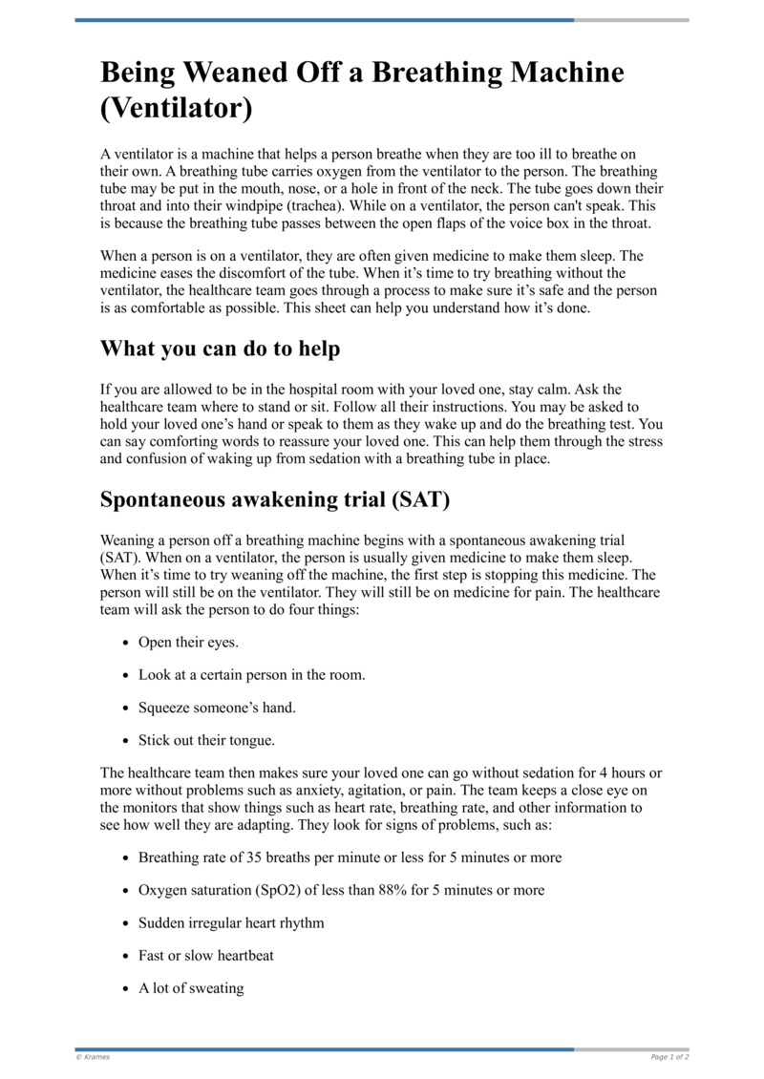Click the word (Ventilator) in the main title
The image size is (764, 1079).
coord(177,108)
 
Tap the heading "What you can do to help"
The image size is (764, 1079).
coord(220,349)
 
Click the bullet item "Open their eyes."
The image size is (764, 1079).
coord(188,643)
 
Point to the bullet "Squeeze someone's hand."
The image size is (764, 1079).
coord(217,708)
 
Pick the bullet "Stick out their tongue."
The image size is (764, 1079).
coord(207,740)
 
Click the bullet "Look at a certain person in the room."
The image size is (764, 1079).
coord(252,675)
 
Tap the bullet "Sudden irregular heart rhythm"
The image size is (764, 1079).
coord(231,923)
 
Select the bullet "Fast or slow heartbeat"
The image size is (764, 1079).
coord(206,956)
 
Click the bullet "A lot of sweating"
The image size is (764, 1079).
coord(191,988)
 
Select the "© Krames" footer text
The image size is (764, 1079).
coord(94,1057)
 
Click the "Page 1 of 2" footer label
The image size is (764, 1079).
coord(669,1057)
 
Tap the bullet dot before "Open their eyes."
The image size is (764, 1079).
coord(126,644)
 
